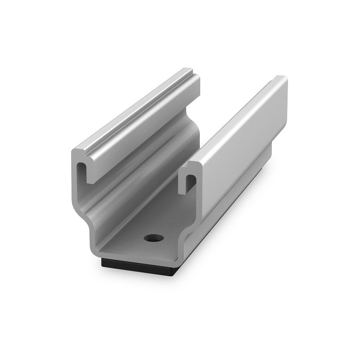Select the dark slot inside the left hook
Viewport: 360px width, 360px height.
pyautogui.click(x=83, y=171)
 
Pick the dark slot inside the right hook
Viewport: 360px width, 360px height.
pyautogui.click(x=191, y=182)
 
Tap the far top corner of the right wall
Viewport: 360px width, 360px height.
pyautogui.click(x=282, y=78)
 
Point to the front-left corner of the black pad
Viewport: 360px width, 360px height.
pyautogui.click(x=103, y=259)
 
